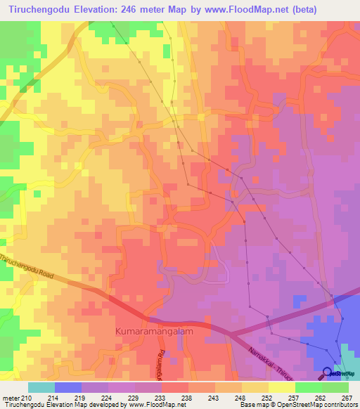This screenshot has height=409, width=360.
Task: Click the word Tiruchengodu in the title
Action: point(34,10)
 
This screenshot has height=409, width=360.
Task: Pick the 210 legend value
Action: point(27,398)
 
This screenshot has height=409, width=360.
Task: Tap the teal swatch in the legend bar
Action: point(41,387)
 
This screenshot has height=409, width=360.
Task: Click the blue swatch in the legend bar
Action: point(67,387)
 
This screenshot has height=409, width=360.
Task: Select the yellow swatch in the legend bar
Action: point(281,387)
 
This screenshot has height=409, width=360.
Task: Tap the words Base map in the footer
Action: point(252,405)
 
